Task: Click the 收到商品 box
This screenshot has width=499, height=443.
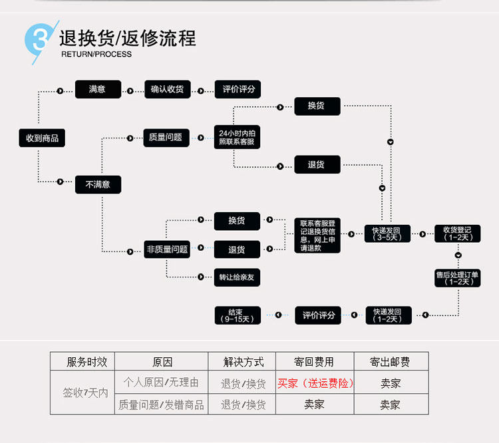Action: point(42,138)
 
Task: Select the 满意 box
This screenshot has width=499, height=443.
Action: point(97,88)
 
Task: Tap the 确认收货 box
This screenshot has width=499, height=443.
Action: point(167,88)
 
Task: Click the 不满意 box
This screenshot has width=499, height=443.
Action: point(97,184)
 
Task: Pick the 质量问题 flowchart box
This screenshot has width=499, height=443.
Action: point(166,137)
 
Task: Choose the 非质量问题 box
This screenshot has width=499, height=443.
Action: point(167,249)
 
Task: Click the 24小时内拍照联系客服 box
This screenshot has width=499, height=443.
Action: point(237,138)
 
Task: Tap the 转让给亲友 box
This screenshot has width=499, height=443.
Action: point(237,277)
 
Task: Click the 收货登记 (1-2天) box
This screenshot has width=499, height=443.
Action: point(457,234)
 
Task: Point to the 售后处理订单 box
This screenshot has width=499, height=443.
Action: point(457,277)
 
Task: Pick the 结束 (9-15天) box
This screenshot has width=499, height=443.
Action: point(237,315)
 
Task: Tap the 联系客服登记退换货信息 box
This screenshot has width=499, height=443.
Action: point(317,235)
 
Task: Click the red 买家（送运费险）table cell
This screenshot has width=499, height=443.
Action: point(315,383)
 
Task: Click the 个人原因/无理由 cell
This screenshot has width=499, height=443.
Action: point(161,382)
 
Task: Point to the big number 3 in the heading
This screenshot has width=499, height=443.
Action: point(39,41)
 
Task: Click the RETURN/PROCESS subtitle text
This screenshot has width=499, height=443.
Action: point(96,55)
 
